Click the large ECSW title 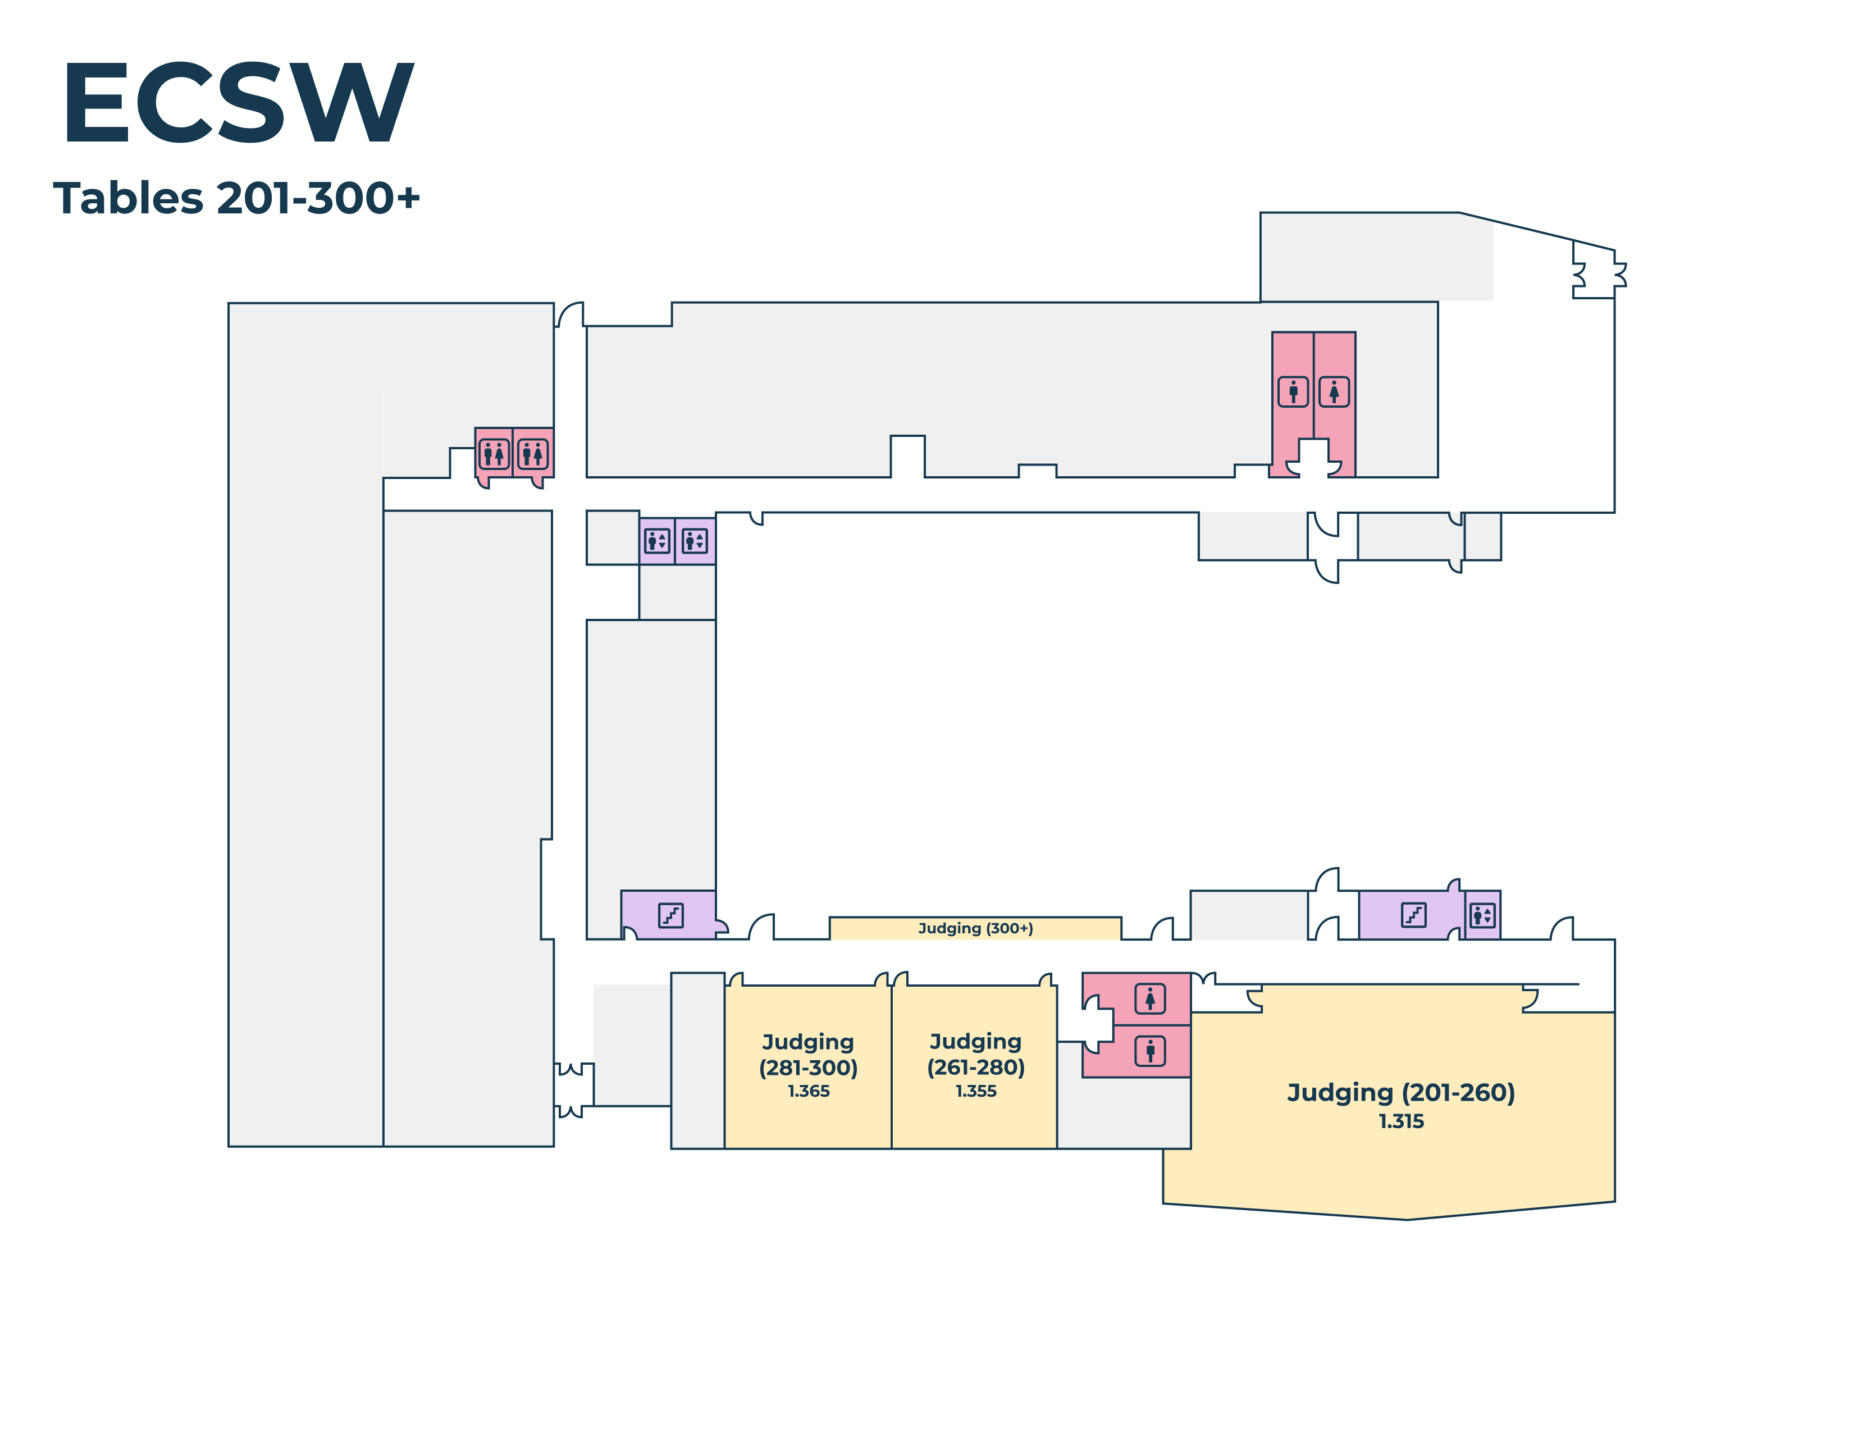click(x=238, y=103)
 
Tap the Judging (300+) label click(x=976, y=928)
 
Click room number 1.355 click(x=976, y=1091)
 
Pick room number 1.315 click(x=1401, y=1121)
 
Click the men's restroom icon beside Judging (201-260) click(x=1149, y=1051)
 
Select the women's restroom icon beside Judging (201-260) click(x=1149, y=998)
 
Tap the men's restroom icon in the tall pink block click(x=1293, y=392)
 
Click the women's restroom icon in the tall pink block click(x=1334, y=392)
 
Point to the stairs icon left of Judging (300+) click(x=670, y=915)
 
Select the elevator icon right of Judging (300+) click(x=1481, y=915)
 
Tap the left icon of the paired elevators click(x=657, y=540)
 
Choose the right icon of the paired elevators click(x=694, y=540)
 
